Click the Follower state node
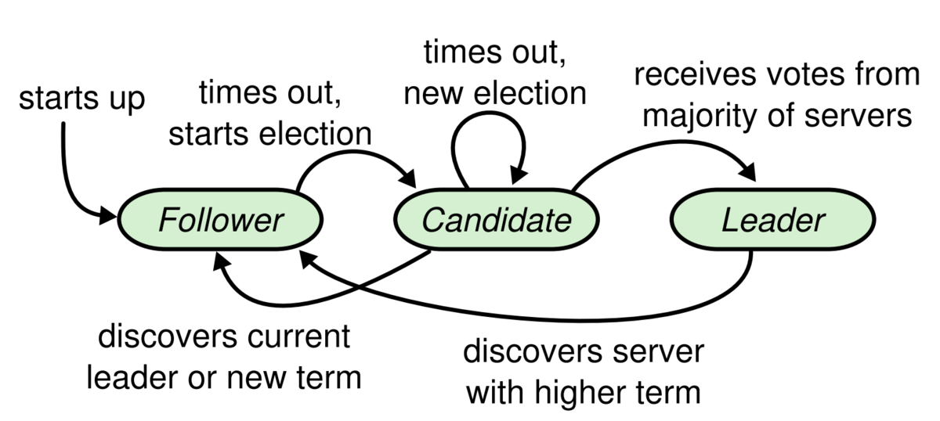click(x=220, y=220)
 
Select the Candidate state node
click(x=497, y=220)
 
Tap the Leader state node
click(x=773, y=220)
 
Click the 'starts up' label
click(x=81, y=99)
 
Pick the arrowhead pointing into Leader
click(x=748, y=172)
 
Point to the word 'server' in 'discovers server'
click(x=658, y=352)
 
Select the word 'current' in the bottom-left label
click(x=298, y=336)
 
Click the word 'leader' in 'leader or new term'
click(x=133, y=377)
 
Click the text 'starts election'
click(x=269, y=134)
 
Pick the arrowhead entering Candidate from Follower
click(x=408, y=179)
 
